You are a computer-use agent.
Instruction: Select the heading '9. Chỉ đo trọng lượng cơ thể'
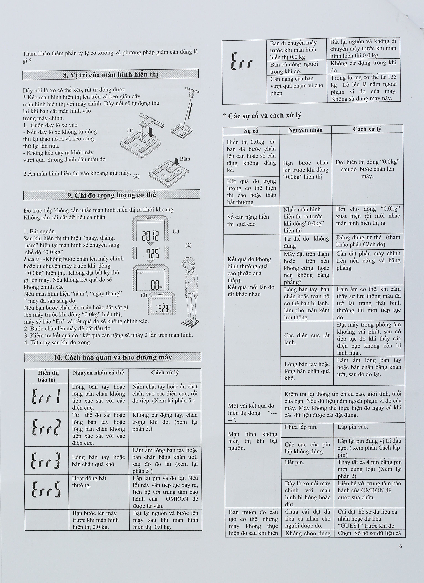pos(112,195)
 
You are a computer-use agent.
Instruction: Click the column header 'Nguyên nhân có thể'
pos(98,372)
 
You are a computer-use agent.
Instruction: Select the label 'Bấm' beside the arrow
pos(185,159)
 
